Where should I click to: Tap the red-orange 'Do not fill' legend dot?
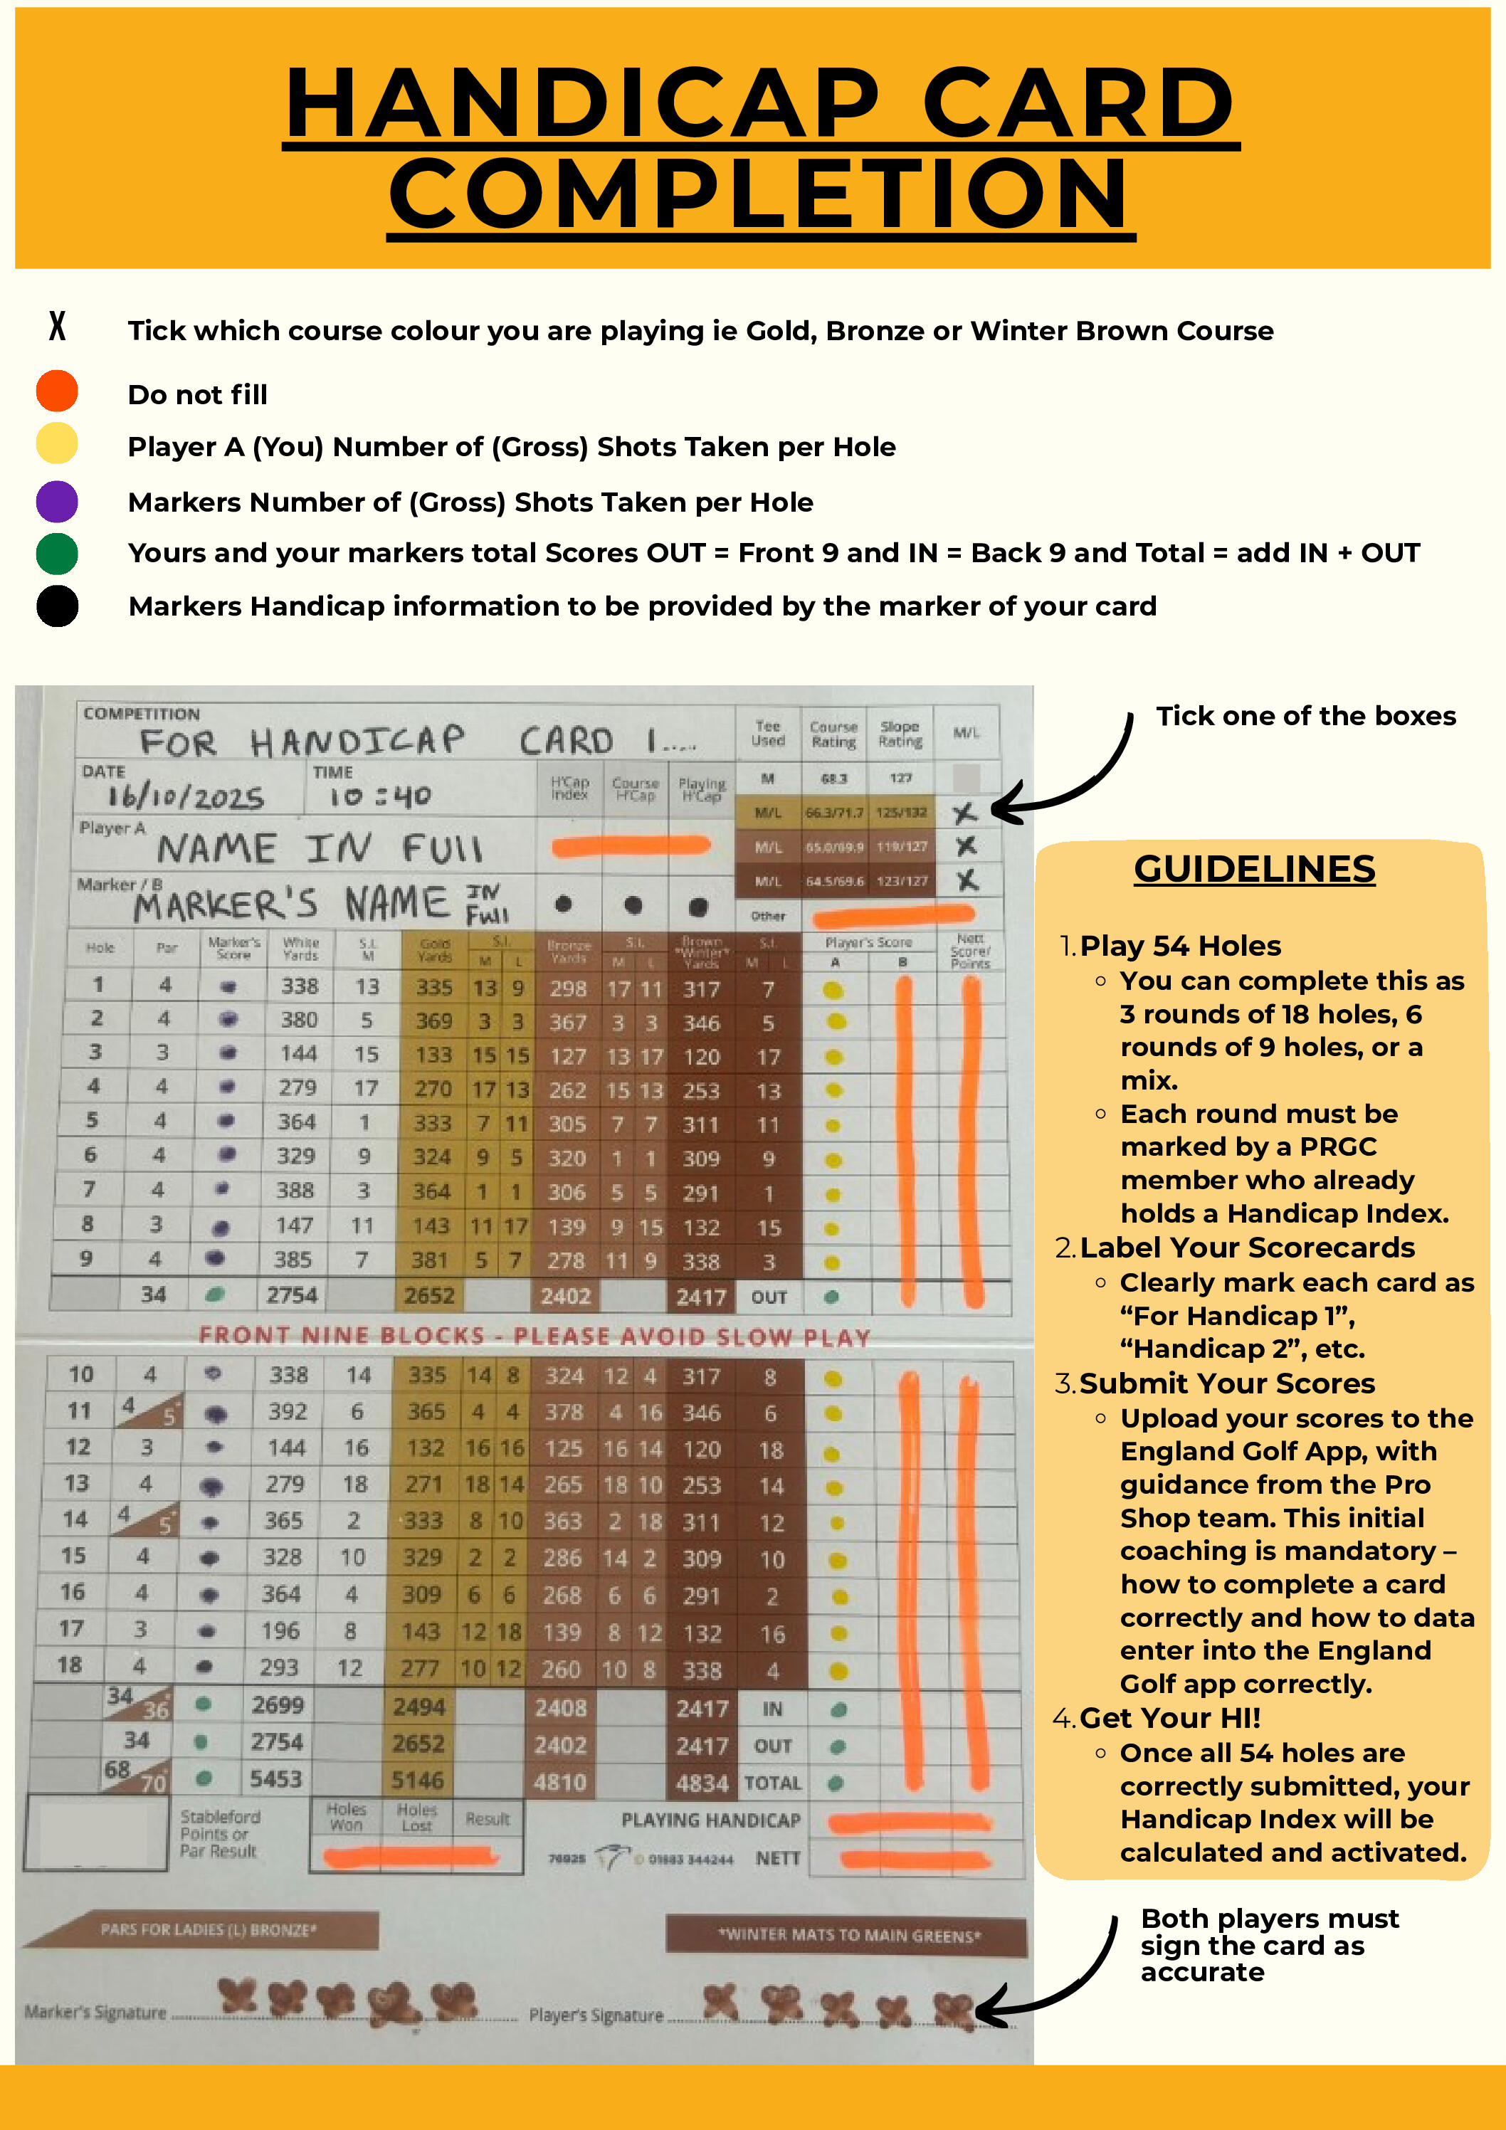point(57,391)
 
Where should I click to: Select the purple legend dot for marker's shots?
point(57,502)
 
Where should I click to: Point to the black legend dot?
point(57,607)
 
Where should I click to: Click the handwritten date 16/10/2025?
point(186,796)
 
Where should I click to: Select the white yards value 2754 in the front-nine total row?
point(291,1295)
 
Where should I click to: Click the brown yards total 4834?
point(702,1783)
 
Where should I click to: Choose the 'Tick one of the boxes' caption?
point(1305,716)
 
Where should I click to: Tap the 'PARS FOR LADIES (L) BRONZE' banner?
point(208,1929)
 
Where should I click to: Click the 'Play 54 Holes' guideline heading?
point(1179,945)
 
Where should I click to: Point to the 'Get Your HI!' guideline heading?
point(1169,1718)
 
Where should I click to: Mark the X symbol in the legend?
point(58,327)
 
